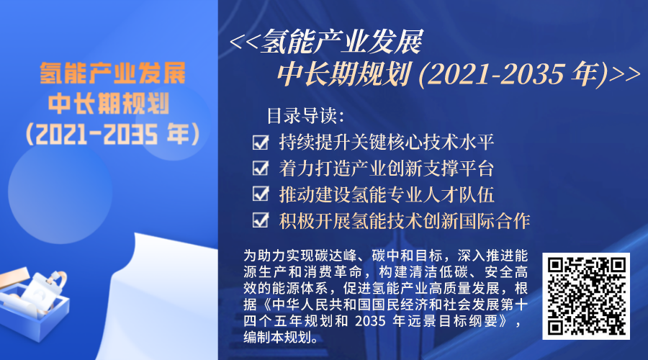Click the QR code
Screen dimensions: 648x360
tap(586, 296)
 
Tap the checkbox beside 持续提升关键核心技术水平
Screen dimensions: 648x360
tap(261, 143)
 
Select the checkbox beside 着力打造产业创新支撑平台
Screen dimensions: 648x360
tap(261, 168)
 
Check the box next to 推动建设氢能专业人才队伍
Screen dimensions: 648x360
tap(261, 194)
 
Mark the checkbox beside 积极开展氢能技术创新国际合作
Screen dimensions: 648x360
tap(261, 221)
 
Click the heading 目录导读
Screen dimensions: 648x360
tap(305, 116)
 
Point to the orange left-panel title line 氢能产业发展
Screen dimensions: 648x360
tap(113, 73)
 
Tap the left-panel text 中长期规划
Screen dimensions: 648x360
tap(109, 104)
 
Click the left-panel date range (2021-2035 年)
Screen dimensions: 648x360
tap(112, 135)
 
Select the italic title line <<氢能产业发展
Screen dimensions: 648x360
tap(326, 42)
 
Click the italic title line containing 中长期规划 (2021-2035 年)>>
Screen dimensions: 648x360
tap(459, 74)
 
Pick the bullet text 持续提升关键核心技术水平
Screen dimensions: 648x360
tap(387, 143)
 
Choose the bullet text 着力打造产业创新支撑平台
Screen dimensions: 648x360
tap(387, 168)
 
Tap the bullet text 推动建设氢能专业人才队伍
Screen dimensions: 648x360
tap(387, 194)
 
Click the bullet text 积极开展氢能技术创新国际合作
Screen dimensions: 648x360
tap(405, 221)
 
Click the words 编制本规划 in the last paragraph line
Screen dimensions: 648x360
tap(277, 337)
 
